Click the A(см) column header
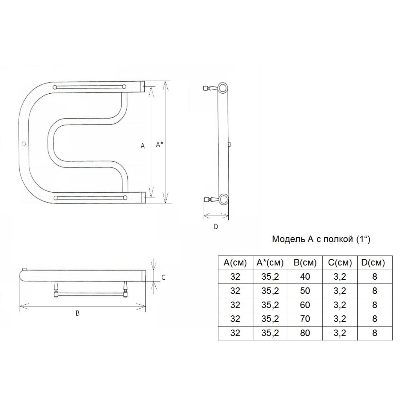[x=235, y=263]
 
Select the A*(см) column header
[x=270, y=263]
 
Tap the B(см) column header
[x=305, y=263]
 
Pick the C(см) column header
[x=340, y=263]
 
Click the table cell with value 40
[x=305, y=277]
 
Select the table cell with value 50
[x=305, y=291]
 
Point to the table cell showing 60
[x=305, y=304]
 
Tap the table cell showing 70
[x=305, y=318]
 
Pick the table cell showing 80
[x=305, y=333]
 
